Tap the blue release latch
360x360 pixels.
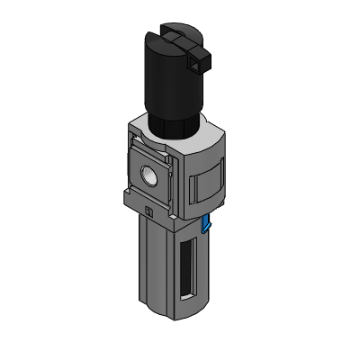pos(207,223)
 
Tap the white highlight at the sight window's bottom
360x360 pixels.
pos(187,297)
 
